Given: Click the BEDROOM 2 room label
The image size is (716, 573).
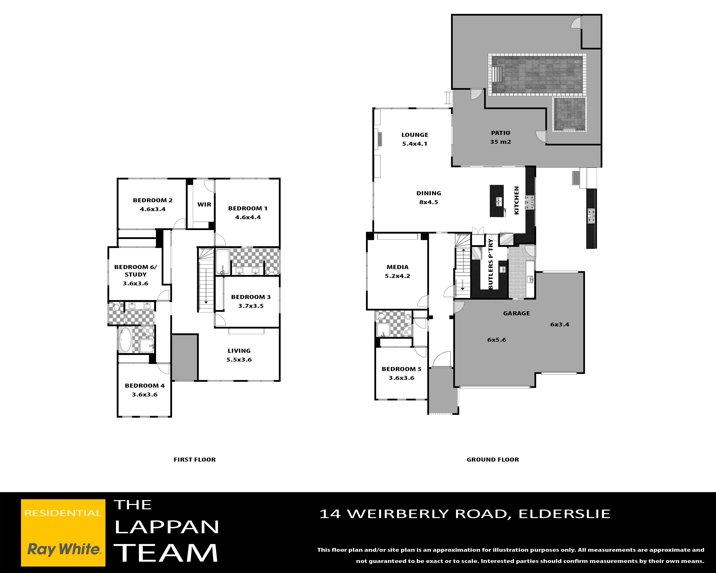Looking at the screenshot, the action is click(x=153, y=200).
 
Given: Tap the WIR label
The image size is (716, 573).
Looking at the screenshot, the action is click(x=204, y=205).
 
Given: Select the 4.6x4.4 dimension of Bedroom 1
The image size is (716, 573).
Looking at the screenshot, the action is click(x=248, y=217).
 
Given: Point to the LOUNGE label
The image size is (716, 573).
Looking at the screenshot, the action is click(x=415, y=135).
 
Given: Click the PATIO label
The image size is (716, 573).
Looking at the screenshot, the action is click(x=500, y=133).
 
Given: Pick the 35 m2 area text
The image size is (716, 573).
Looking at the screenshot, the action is click(x=500, y=142).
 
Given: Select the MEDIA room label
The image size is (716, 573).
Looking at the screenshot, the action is click(x=397, y=267).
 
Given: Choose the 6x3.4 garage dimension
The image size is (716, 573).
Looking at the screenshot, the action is click(x=560, y=325).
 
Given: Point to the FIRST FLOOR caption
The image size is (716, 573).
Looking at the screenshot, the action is click(x=195, y=460).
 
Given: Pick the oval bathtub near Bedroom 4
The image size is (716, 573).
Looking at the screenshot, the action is click(x=125, y=339).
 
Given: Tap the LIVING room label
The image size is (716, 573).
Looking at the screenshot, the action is click(x=239, y=351).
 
